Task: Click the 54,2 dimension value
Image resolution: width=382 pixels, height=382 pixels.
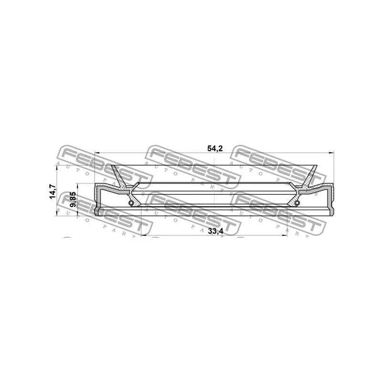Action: [215, 148]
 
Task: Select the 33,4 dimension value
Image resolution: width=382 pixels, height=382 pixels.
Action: [216, 232]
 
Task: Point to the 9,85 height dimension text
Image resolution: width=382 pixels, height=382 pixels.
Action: [73, 199]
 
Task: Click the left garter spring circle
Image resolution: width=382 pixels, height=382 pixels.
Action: [131, 202]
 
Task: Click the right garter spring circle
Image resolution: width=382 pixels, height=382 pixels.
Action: [297, 202]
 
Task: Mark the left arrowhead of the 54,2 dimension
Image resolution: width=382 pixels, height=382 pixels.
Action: [97, 153]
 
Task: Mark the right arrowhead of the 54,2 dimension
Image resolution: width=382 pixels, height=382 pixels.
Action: [331, 153]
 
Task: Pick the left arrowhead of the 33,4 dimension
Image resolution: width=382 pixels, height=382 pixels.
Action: [144, 235]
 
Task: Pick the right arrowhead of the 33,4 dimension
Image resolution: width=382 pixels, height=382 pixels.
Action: [285, 235]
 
